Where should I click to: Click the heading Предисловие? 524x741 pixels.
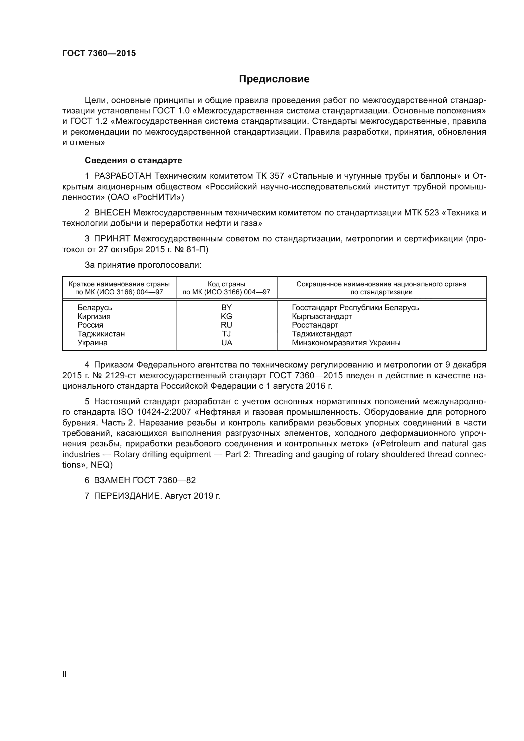(x=274, y=79)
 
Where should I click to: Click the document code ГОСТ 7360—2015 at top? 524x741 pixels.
(x=99, y=54)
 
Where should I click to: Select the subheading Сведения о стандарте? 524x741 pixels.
(x=133, y=160)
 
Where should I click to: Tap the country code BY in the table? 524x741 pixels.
(x=227, y=307)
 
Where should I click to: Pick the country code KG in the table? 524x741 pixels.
(x=227, y=316)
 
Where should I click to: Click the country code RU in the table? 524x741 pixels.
(x=227, y=325)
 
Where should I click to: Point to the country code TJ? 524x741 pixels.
(x=227, y=334)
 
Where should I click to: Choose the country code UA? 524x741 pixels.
(x=227, y=343)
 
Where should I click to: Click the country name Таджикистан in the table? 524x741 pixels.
(x=101, y=334)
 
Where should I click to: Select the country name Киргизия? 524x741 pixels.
(x=94, y=316)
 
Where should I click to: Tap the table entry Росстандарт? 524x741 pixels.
(x=315, y=325)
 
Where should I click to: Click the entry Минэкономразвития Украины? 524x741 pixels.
(x=346, y=343)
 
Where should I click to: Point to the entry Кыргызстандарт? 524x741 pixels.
(x=322, y=316)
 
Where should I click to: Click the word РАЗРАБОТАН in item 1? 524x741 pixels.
(x=123, y=176)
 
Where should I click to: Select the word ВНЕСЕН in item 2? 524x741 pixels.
(x=112, y=213)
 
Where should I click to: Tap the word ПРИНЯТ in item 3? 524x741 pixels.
(x=112, y=239)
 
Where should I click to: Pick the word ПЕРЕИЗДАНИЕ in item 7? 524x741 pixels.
(x=127, y=496)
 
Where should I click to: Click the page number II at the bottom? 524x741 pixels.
(x=65, y=674)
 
